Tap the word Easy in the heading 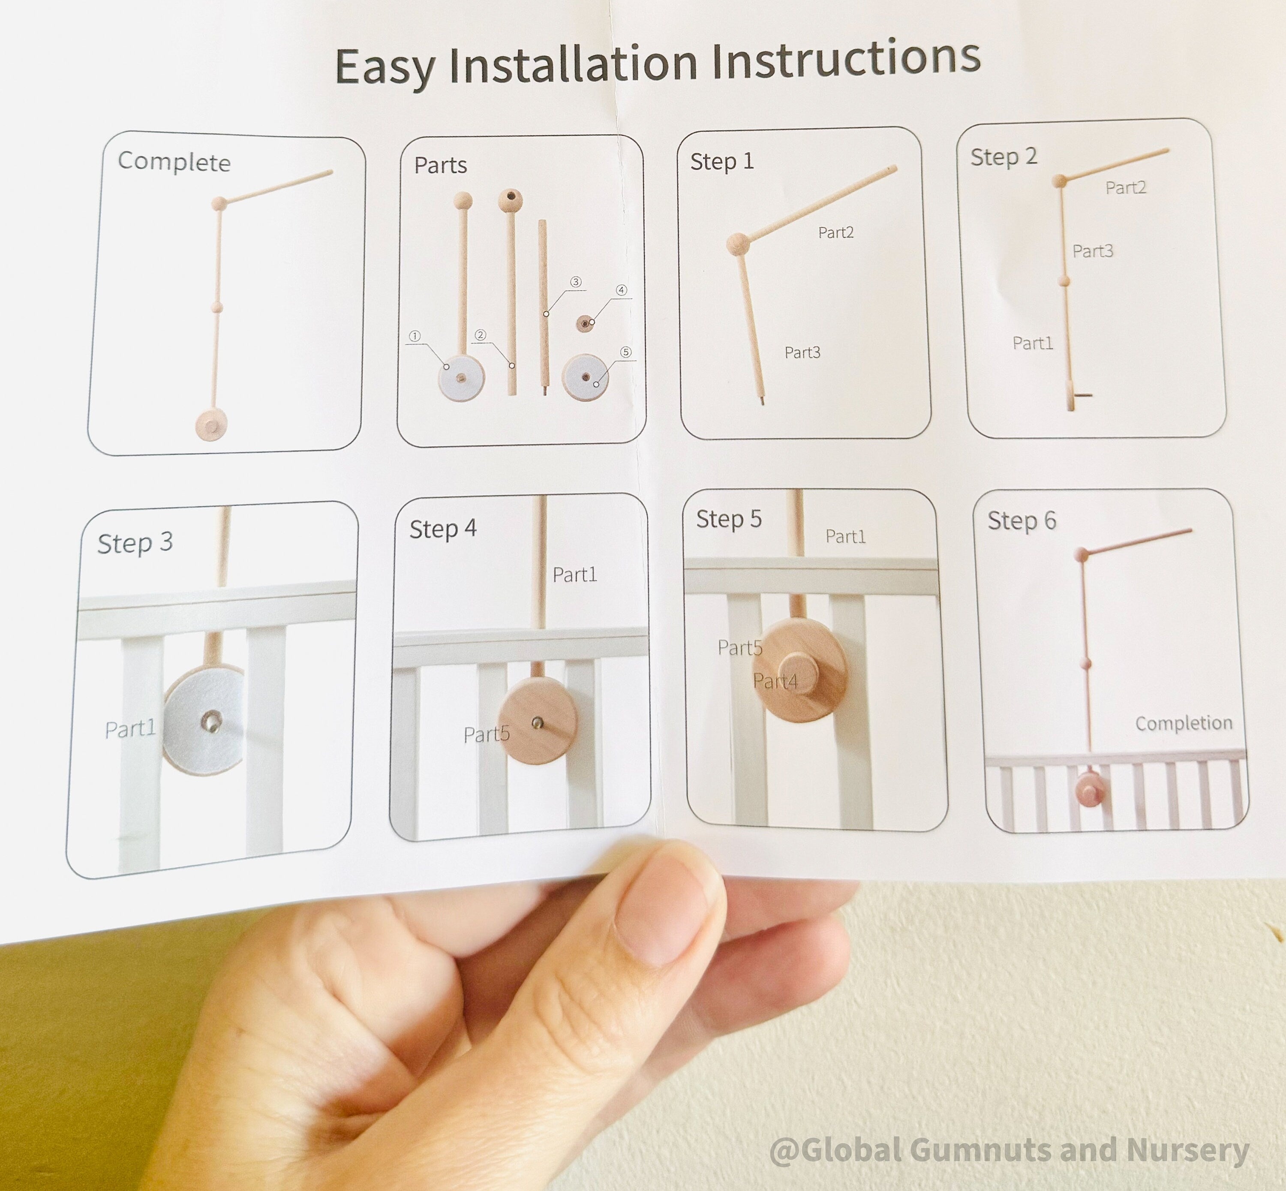385,67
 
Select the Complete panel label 174,161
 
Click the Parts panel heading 441,165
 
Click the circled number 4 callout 621,290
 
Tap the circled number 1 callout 415,336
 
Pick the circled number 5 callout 625,352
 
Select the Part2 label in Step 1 835,233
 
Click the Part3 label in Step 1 802,352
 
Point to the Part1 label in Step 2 1033,343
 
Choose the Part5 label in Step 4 487,734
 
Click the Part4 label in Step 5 775,680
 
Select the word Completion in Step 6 1184,723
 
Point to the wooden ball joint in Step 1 738,244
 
